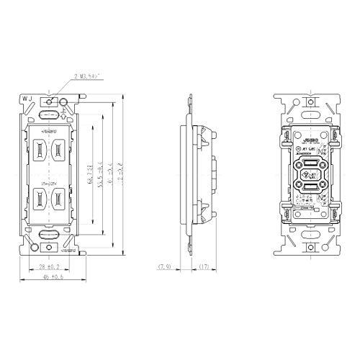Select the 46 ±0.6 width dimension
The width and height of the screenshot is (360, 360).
pos(48,278)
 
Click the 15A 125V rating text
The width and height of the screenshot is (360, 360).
pos(48,184)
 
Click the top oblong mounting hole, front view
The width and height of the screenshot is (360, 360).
pos(48,113)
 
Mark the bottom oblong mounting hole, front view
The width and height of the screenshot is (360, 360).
pos(48,234)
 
